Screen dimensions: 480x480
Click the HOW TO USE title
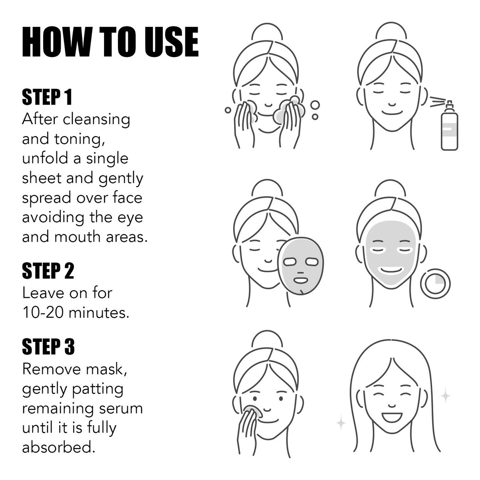(x=110, y=42)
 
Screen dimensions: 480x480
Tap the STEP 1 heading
(x=47, y=97)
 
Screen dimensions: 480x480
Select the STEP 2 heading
(x=48, y=271)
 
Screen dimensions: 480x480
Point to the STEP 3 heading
(x=48, y=346)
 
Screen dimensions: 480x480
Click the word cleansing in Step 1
(x=96, y=120)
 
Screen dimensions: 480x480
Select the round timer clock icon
(x=435, y=283)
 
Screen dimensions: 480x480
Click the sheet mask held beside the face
(x=301, y=266)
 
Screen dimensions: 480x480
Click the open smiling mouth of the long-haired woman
(x=392, y=417)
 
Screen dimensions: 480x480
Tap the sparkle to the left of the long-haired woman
(x=341, y=422)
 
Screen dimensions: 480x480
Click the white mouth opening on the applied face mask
(x=390, y=270)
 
